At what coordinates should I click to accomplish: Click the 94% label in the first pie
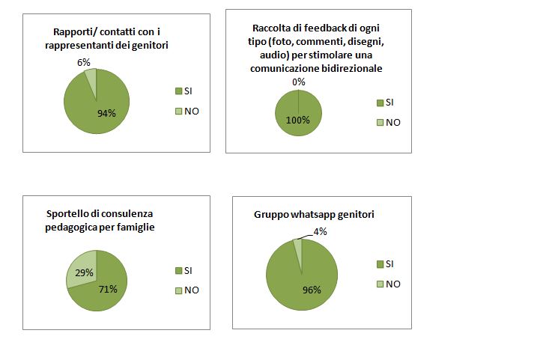coord(106,113)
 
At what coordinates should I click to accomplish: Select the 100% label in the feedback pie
coord(297,119)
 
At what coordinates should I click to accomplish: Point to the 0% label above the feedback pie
coord(299,82)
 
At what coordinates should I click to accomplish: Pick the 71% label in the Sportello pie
coord(107,288)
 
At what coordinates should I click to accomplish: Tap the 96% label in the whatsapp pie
coord(311,290)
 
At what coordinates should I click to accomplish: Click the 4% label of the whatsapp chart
coord(321,231)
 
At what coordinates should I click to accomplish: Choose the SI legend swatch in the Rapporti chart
coord(178,91)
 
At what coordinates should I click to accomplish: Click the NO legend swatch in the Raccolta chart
coord(380,123)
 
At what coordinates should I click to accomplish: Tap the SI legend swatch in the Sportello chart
coord(178,271)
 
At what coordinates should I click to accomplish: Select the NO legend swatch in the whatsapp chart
coord(380,284)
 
